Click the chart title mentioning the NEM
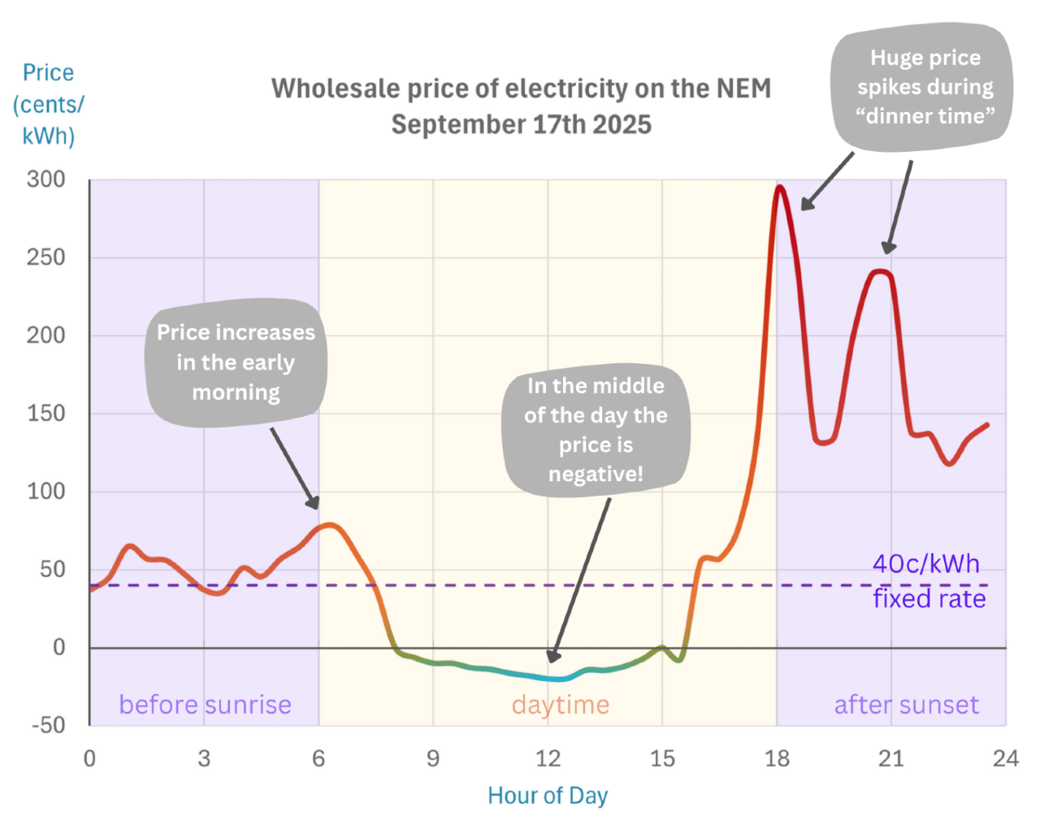(x=521, y=106)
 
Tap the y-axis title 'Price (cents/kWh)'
(x=49, y=104)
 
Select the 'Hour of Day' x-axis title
(x=547, y=795)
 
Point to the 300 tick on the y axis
(x=45, y=180)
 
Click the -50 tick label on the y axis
(x=48, y=725)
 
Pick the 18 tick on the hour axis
(x=777, y=758)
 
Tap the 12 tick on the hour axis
(x=548, y=758)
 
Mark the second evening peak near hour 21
(x=881, y=271)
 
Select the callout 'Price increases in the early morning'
(x=236, y=362)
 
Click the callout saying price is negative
(x=596, y=429)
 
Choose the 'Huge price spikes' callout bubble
(x=925, y=87)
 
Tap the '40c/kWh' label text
(x=926, y=564)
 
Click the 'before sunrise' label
(x=205, y=705)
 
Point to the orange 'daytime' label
(x=561, y=705)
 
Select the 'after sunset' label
(x=906, y=705)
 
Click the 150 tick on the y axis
(x=45, y=414)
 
